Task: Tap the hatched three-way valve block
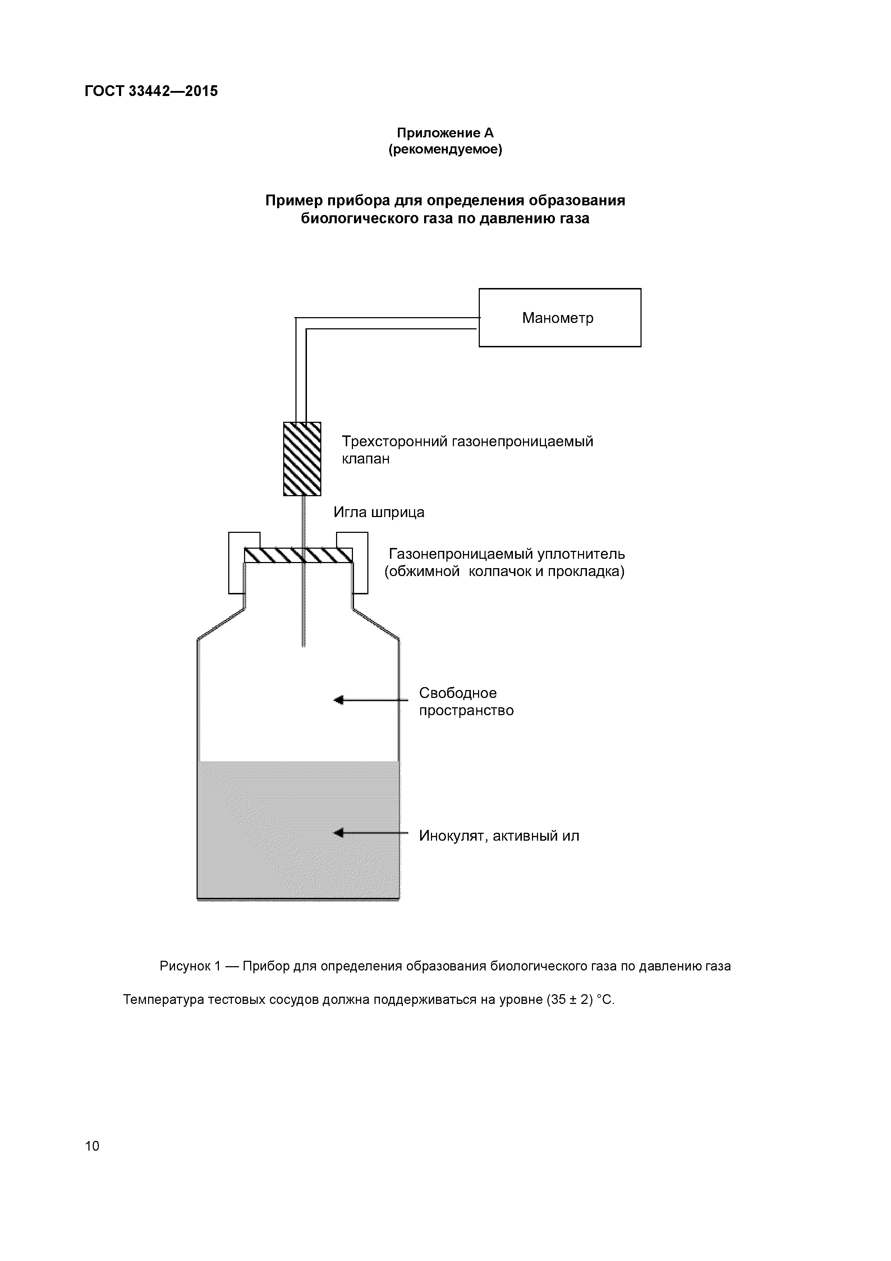[x=302, y=458]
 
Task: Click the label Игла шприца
[x=379, y=512]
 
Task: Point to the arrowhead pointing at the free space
[x=339, y=700]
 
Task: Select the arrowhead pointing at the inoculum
[x=339, y=833]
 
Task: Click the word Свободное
[x=457, y=693]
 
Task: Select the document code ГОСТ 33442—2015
[x=151, y=91]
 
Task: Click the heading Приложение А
[x=445, y=133]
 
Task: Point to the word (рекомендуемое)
[x=445, y=149]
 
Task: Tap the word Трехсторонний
[x=395, y=442]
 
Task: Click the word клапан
[x=366, y=459]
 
